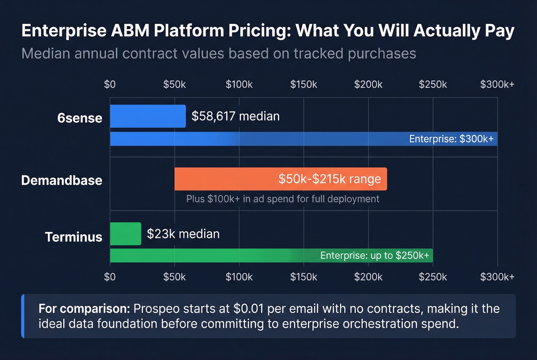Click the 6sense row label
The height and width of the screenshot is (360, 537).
(80, 118)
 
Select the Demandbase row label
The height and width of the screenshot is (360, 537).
(62, 180)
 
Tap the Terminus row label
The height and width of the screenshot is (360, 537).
(74, 237)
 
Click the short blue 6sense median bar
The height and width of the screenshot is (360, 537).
(148, 116)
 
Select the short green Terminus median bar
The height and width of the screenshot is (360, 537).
(125, 234)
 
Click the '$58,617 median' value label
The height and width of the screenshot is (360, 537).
(236, 116)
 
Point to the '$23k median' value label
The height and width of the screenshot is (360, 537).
(183, 234)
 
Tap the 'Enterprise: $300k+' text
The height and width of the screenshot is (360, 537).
(451, 139)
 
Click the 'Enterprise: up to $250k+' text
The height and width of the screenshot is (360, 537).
(374, 256)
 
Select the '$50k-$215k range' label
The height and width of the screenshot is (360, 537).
(329, 179)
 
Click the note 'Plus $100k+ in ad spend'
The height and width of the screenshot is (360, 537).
(283, 199)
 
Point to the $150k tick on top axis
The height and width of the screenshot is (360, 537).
(303, 84)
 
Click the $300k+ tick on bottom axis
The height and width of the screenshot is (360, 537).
(497, 277)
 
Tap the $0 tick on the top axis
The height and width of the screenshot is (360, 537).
(110, 84)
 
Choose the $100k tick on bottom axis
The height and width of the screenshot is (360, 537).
(239, 277)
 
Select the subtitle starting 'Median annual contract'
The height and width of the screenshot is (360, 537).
(219, 54)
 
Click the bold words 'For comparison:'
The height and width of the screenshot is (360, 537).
(84, 309)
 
